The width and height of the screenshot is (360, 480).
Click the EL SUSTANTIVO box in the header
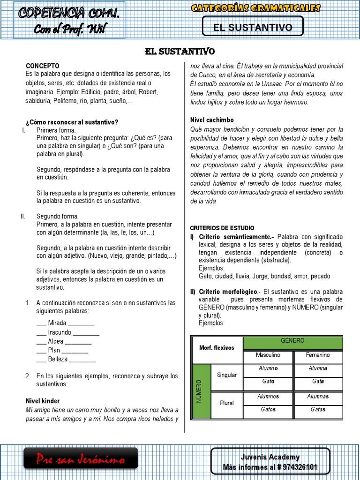tap(253, 27)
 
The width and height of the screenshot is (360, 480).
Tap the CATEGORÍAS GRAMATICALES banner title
tap(256, 8)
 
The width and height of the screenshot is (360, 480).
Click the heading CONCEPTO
tap(43, 66)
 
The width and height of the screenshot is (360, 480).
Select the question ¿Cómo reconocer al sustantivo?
tap(72, 122)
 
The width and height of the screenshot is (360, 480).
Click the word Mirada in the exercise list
tap(57, 323)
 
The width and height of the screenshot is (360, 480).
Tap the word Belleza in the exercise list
tap(58, 359)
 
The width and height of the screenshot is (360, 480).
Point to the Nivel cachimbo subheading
tap(212, 120)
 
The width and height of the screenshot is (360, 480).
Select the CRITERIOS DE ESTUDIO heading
tap(224, 228)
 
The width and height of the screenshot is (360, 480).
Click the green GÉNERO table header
tap(292, 341)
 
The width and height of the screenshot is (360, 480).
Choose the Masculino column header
tap(268, 355)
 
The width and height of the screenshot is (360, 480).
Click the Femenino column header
tap(318, 355)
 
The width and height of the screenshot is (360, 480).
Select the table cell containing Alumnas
tap(318, 397)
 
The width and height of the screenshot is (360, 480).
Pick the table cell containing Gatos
tap(268, 410)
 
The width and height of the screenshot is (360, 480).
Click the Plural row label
tap(227, 403)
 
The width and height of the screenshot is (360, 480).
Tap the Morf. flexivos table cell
tap(217, 348)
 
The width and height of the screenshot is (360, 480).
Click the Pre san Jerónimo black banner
tap(81, 460)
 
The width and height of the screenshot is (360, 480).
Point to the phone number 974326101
tap(296, 467)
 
